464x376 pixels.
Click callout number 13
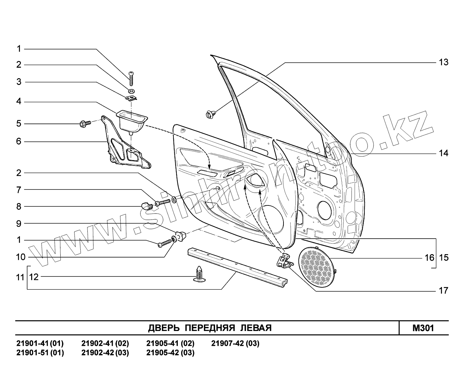443,62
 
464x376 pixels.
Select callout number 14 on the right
443,153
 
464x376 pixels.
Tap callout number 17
443,290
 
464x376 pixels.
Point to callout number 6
19,141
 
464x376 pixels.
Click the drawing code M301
423,328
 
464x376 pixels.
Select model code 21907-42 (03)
235,344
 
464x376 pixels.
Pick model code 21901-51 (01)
40,353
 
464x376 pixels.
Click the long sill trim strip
237,267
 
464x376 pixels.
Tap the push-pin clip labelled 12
199,273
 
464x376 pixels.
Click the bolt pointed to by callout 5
85,124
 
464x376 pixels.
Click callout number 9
19,223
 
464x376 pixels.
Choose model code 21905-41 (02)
170,344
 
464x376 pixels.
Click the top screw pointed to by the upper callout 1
131,79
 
